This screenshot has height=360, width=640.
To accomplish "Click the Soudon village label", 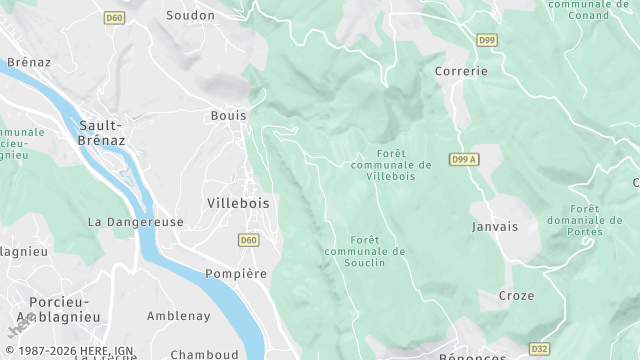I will coord(190,15).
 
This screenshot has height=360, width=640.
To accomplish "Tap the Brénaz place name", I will coord(28,62).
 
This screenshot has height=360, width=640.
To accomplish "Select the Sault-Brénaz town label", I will coord(100,133).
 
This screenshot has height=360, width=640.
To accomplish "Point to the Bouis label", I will coord(228,116).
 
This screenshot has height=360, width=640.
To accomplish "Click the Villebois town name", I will coord(238,202).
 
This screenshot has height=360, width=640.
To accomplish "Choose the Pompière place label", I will coord(236,274).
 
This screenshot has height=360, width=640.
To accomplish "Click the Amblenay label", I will coord(178,316).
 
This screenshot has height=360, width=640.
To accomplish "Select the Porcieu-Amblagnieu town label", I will coord(45,309).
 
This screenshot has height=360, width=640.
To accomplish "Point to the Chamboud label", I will coord(204,354).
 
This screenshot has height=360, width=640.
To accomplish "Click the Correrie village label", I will coord(461,72).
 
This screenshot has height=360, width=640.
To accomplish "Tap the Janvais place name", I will coord(495,227).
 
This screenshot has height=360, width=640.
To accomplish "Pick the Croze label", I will coord(517,296).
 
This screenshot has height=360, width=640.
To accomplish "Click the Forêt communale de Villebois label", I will coord(391,164).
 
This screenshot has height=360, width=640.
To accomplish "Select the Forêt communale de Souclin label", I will coord(365,251).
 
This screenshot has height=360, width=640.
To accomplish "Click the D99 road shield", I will coord(487,40).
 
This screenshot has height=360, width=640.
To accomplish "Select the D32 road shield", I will coord(539,349).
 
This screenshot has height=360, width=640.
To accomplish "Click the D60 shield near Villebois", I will coord(249,240).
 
